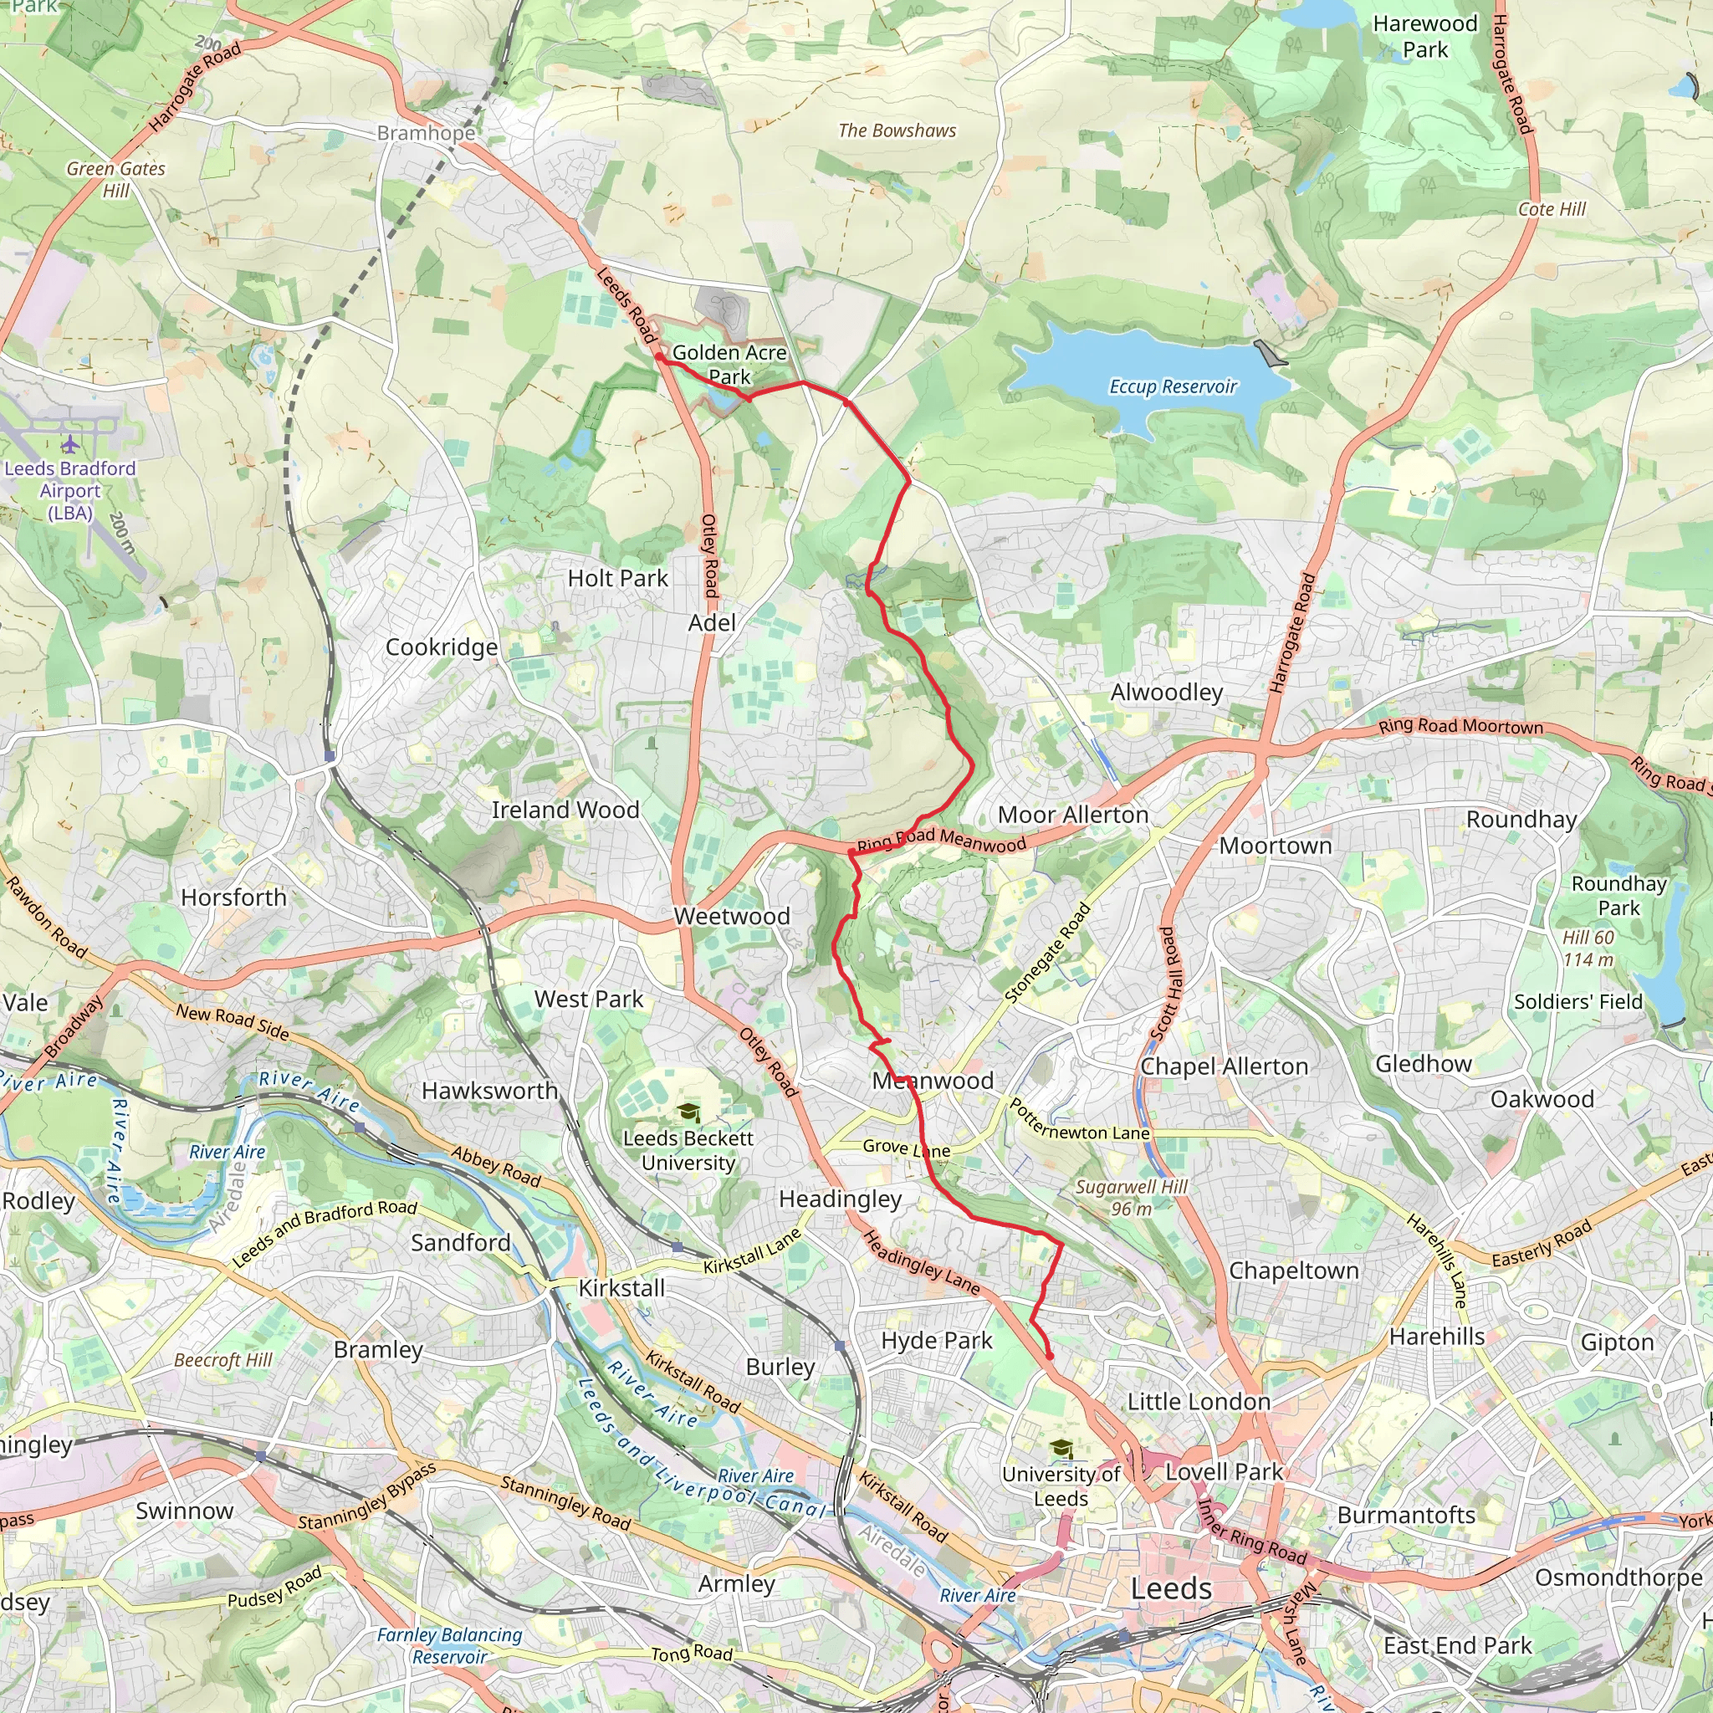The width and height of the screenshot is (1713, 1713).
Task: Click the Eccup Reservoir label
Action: click(x=1172, y=386)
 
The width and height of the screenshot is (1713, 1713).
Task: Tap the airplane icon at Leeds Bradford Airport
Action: click(x=69, y=443)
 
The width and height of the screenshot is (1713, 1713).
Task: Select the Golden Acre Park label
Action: click(x=729, y=365)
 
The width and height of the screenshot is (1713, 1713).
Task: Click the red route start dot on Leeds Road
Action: click(x=660, y=357)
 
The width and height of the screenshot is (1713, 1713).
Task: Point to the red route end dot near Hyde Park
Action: click(x=1050, y=1356)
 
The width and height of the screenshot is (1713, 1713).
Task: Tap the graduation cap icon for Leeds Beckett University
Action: click(x=688, y=1112)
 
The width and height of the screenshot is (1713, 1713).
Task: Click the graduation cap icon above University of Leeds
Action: click(x=1061, y=1449)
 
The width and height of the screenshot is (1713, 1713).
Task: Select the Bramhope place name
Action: click(x=427, y=133)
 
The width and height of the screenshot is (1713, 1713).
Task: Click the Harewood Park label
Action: click(x=1424, y=36)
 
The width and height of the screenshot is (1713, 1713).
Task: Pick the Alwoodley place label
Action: click(x=1167, y=693)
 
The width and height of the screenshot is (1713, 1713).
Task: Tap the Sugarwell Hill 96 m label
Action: click(x=1132, y=1197)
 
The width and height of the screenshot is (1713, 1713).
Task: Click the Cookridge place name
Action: click(x=442, y=647)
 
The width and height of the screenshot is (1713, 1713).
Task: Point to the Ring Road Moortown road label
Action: click(x=1460, y=726)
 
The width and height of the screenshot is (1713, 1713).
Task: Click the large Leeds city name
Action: click(x=1170, y=1589)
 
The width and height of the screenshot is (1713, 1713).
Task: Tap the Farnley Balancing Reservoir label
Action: click(x=449, y=1645)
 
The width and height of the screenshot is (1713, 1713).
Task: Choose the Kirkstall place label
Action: click(x=621, y=1288)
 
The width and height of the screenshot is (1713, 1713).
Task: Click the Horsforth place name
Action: click(x=234, y=897)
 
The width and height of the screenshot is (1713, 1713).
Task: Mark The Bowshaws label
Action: click(x=897, y=131)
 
